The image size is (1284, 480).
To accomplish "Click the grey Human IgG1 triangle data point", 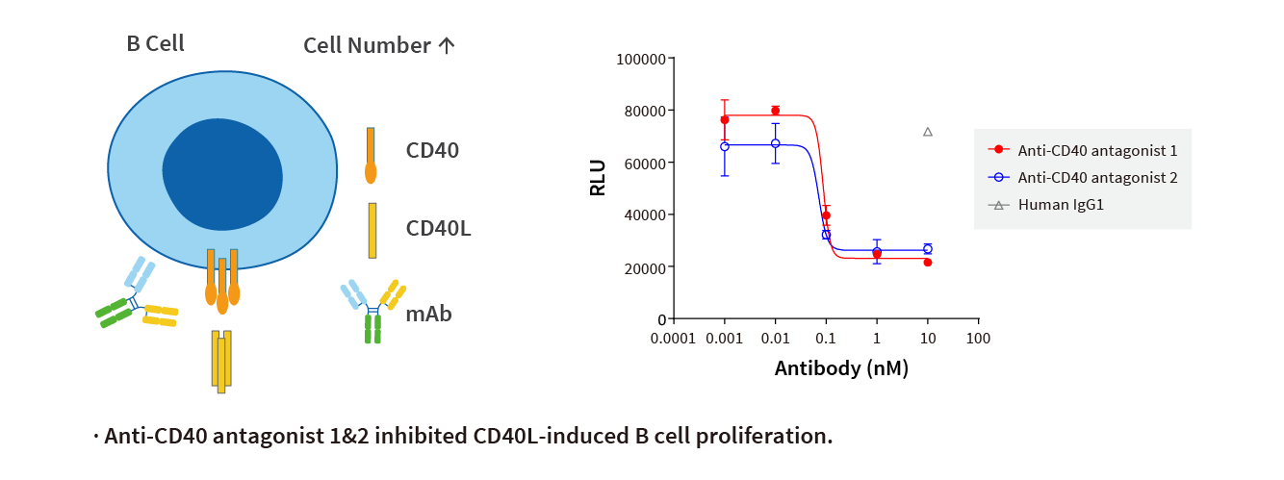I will pyautogui.click(x=928, y=132).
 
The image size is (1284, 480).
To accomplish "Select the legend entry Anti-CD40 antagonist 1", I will pyautogui.click(x=1097, y=150).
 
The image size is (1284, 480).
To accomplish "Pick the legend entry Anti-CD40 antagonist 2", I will pyautogui.click(x=1097, y=177).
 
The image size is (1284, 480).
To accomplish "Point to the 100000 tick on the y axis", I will pyautogui.click(x=642, y=59).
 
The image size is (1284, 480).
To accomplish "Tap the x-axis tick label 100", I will pyautogui.click(x=978, y=339).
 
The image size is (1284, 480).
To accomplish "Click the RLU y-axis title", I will pyautogui.click(x=598, y=178).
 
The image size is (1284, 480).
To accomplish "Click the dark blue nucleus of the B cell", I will pyautogui.click(x=222, y=174).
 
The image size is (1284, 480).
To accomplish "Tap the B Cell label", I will pyautogui.click(x=155, y=43).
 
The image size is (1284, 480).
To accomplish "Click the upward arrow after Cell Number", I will pyautogui.click(x=447, y=45).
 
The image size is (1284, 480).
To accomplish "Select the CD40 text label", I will pyautogui.click(x=432, y=151).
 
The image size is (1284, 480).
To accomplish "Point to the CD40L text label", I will pyautogui.click(x=438, y=228).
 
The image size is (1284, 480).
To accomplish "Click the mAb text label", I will pyautogui.click(x=428, y=314).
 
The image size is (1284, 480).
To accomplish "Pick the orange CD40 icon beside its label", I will pyautogui.click(x=371, y=155).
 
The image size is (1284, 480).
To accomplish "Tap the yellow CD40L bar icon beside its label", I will pyautogui.click(x=372, y=230).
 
